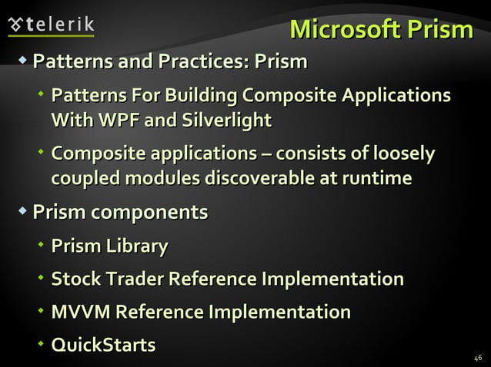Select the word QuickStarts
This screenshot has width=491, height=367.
tap(103, 345)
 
